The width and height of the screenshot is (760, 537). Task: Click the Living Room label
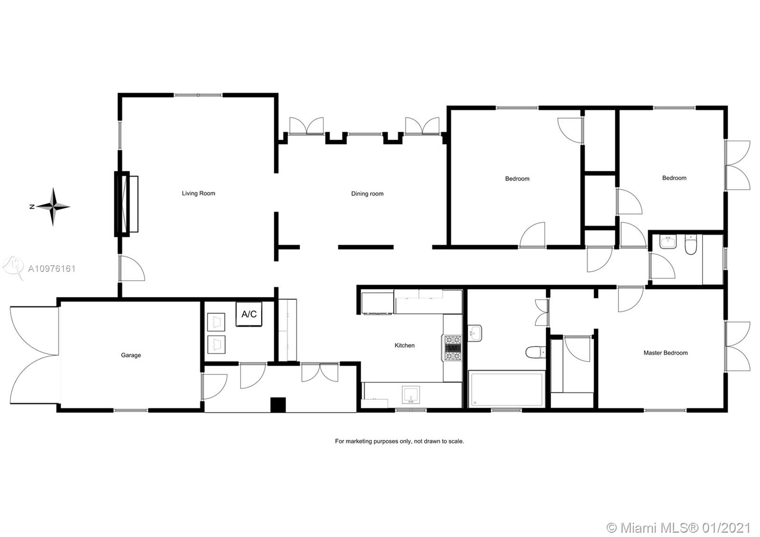click(199, 193)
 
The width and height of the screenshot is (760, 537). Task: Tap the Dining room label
click(367, 193)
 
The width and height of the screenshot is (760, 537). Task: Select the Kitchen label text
click(404, 345)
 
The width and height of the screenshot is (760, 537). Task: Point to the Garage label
click(131, 355)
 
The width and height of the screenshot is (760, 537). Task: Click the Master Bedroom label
click(665, 353)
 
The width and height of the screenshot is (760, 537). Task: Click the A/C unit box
click(249, 314)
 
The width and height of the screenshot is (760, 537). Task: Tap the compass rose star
click(53, 206)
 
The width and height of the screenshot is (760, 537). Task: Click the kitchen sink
click(410, 395)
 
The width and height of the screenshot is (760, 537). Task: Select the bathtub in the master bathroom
click(506, 389)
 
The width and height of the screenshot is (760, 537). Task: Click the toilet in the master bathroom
click(536, 352)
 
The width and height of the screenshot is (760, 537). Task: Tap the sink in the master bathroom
click(475, 333)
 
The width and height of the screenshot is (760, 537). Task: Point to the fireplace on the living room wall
click(126, 204)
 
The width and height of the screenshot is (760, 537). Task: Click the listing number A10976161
click(52, 269)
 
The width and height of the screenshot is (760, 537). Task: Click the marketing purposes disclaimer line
click(399, 441)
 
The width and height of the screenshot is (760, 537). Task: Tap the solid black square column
click(278, 404)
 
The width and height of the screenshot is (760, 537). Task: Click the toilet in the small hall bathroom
click(691, 244)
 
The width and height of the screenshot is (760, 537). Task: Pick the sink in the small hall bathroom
click(668, 242)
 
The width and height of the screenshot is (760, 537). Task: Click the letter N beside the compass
click(32, 206)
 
